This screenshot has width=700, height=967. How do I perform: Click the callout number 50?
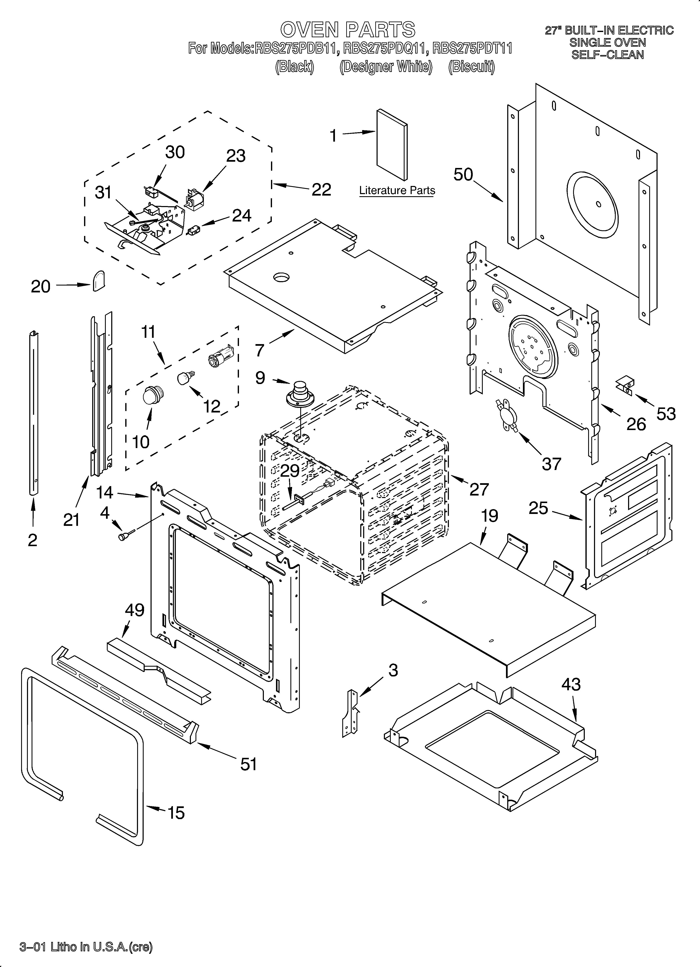point(463,174)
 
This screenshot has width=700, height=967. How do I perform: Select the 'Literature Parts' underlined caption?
point(397,191)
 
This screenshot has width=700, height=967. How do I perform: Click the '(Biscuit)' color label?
point(471,67)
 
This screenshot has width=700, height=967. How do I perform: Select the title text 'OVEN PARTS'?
point(347,30)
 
